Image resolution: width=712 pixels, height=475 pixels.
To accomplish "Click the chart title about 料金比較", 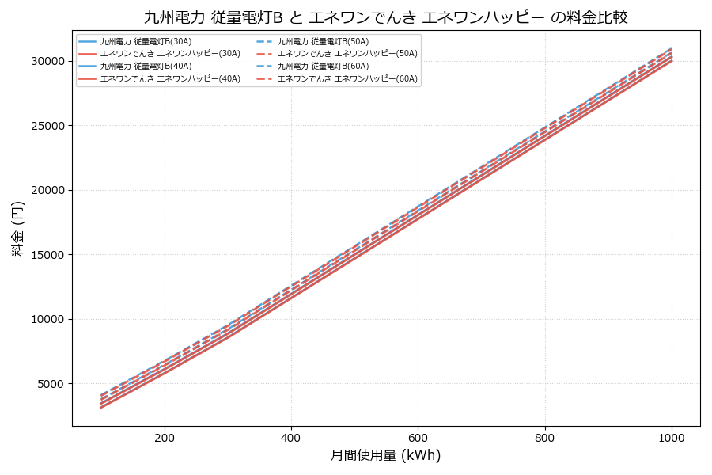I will click(386, 17).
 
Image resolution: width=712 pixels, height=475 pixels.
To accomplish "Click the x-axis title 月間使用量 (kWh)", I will click(385, 455).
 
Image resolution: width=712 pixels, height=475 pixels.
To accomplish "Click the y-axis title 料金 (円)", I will click(17, 228).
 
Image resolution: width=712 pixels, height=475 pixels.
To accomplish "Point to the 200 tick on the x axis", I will click(165, 437).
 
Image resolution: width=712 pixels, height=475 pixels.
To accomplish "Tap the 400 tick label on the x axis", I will click(291, 437).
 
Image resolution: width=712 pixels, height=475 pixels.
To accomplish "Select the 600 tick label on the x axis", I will click(418, 437).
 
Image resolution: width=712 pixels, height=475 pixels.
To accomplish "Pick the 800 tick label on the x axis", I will click(545, 437).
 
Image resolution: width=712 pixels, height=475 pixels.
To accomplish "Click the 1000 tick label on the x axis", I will click(672, 437).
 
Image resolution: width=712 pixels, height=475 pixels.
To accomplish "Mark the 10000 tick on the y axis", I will click(47, 320).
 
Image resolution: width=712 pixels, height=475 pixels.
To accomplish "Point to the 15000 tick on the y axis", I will click(47, 255).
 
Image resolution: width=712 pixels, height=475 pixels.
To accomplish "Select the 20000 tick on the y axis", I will click(47, 190).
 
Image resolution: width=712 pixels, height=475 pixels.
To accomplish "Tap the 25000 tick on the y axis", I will click(47, 126).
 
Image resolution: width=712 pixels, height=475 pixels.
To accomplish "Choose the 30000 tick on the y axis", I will click(47, 61).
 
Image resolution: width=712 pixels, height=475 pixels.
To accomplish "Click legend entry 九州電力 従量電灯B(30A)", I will click(146, 41).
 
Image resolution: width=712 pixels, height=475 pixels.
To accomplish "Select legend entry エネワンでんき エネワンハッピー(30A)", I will click(169, 54).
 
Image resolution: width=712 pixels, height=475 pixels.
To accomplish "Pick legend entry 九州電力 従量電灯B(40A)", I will click(146, 66).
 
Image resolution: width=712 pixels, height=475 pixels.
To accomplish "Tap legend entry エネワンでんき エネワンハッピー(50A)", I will click(347, 54).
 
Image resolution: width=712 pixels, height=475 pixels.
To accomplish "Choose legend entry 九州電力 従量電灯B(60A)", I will click(323, 66).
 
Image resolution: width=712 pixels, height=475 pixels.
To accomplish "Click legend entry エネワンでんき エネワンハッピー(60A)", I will click(347, 79).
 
